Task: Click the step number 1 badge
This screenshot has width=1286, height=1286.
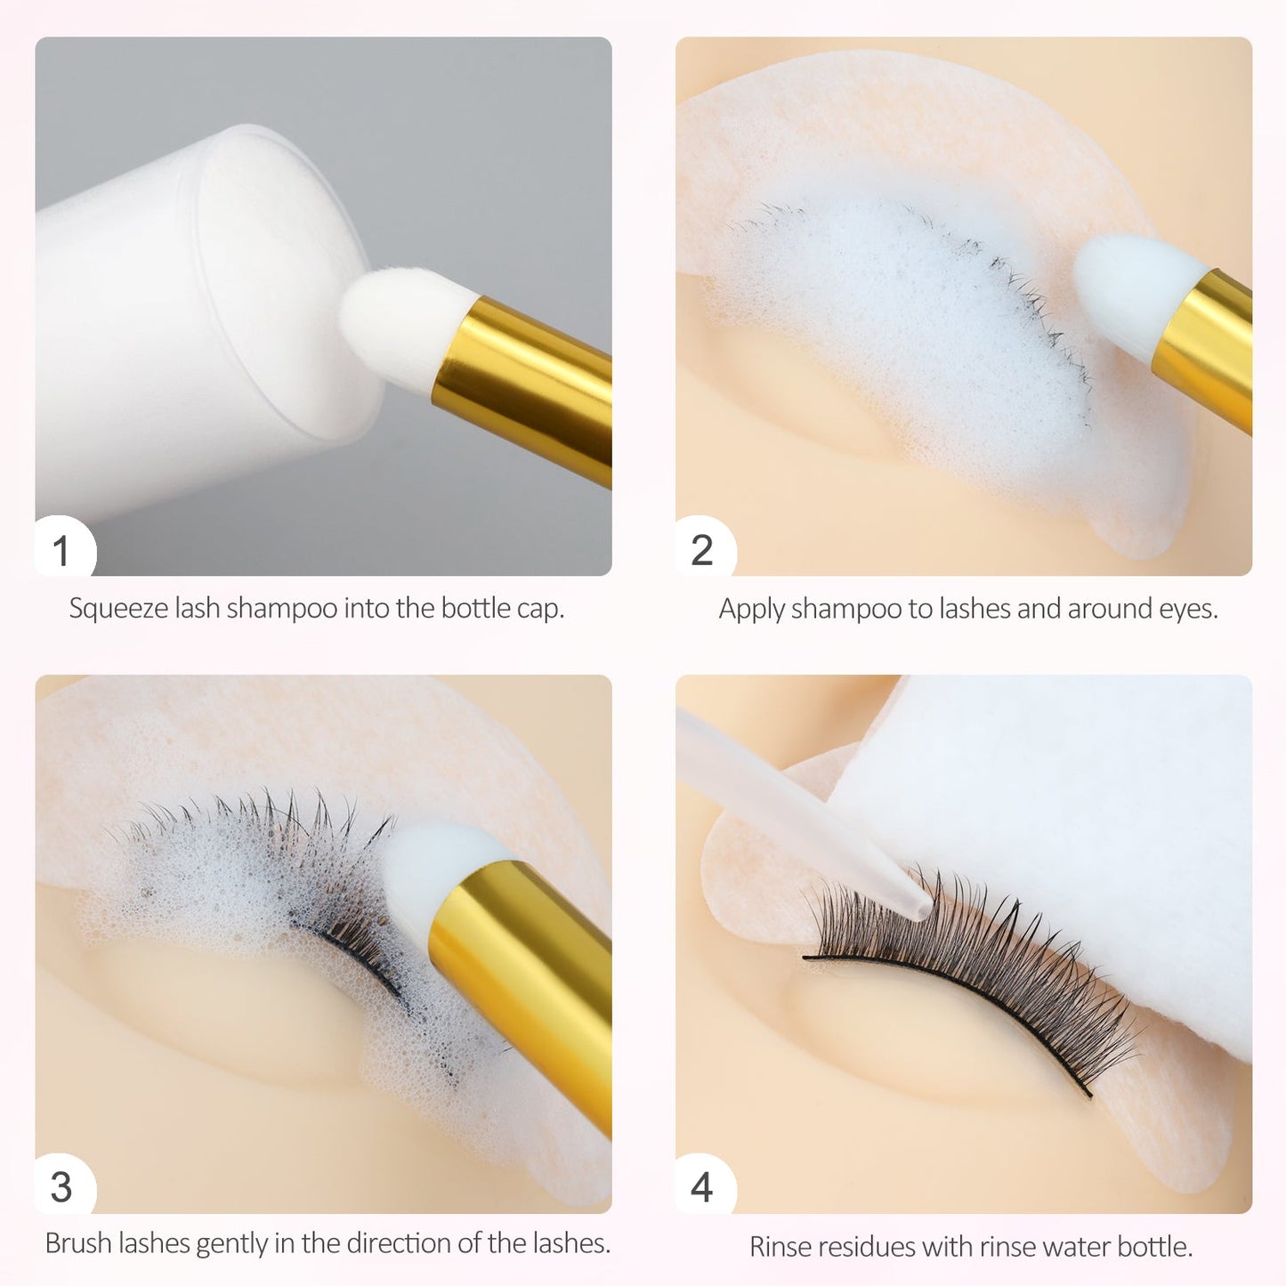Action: [x=61, y=550]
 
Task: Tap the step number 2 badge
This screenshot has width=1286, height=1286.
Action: [x=702, y=550]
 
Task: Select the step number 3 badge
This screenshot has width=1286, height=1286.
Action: [x=61, y=1187]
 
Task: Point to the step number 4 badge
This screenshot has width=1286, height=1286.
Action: [x=702, y=1187]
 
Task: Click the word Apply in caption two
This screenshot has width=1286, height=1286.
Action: [x=751, y=609]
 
